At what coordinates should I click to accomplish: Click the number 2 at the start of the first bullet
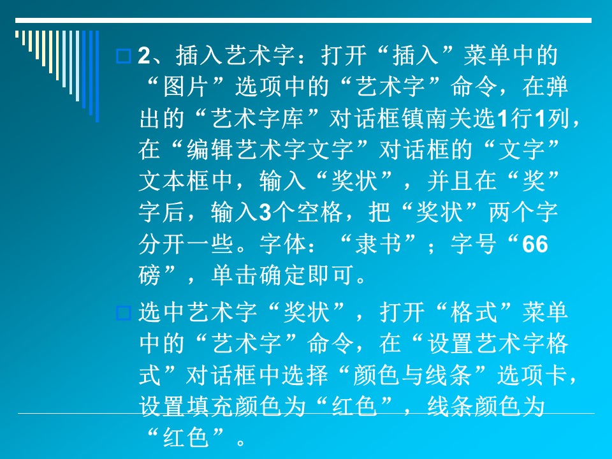pyautogui.click(x=144, y=55)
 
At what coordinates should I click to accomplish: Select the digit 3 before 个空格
pyautogui.click(x=265, y=213)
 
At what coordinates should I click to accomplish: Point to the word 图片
pyautogui.click(x=186, y=87)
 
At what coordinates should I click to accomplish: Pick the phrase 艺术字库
pyautogui.click(x=258, y=119)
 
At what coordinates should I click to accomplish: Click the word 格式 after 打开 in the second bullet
pyautogui.click(x=474, y=312)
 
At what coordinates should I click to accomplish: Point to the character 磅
pyautogui.click(x=149, y=275)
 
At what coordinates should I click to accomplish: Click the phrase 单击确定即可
pyautogui.click(x=282, y=275)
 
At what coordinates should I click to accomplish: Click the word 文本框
pyautogui.click(x=173, y=182)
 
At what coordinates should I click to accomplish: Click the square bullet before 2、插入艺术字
pyautogui.click(x=123, y=56)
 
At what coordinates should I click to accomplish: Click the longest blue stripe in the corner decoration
pyautogui.click(x=97, y=76)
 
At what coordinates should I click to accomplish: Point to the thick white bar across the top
pyautogui.click(x=303, y=20)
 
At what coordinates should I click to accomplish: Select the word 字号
pyautogui.click(x=474, y=244)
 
